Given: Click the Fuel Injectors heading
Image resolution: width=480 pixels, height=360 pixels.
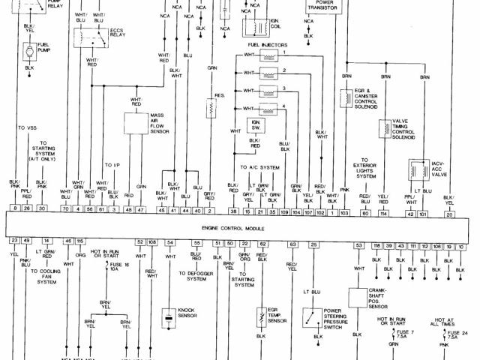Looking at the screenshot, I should [x=264, y=45].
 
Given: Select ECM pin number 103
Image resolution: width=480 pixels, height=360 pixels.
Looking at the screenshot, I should [x=344, y=214].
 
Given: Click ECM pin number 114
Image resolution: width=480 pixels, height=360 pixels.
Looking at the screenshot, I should [x=384, y=214].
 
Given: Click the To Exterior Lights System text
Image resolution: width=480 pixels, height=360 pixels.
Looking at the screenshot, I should [x=364, y=170].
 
